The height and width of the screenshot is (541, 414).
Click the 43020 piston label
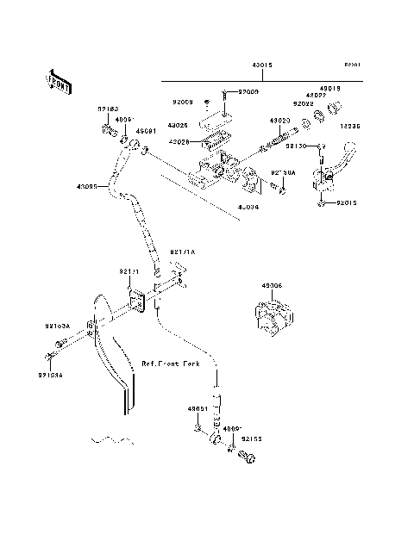point(279,121)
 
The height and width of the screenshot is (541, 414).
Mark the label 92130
point(298,147)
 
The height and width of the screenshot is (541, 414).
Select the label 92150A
point(284,172)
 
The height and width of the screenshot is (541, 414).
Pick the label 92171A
point(183,252)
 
